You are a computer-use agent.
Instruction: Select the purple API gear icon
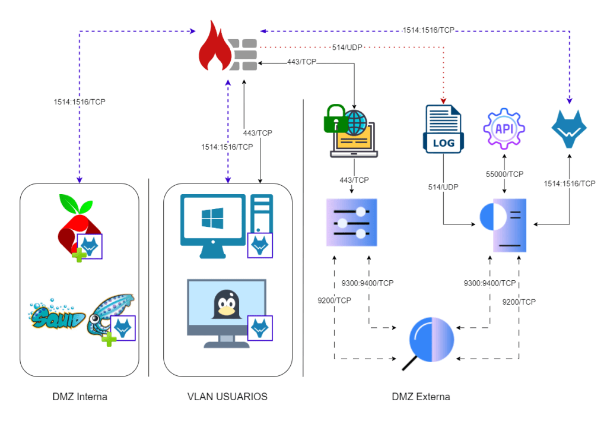click(504, 128)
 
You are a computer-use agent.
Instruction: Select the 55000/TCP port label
click(504, 174)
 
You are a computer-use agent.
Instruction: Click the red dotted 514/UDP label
click(347, 47)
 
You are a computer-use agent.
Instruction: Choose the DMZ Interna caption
click(79, 397)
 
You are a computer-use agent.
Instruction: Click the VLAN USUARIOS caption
click(227, 397)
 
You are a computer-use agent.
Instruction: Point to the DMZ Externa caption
click(421, 397)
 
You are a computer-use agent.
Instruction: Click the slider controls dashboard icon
click(351, 223)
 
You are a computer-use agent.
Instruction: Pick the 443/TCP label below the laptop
click(353, 179)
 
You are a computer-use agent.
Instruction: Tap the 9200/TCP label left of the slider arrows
click(335, 300)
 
